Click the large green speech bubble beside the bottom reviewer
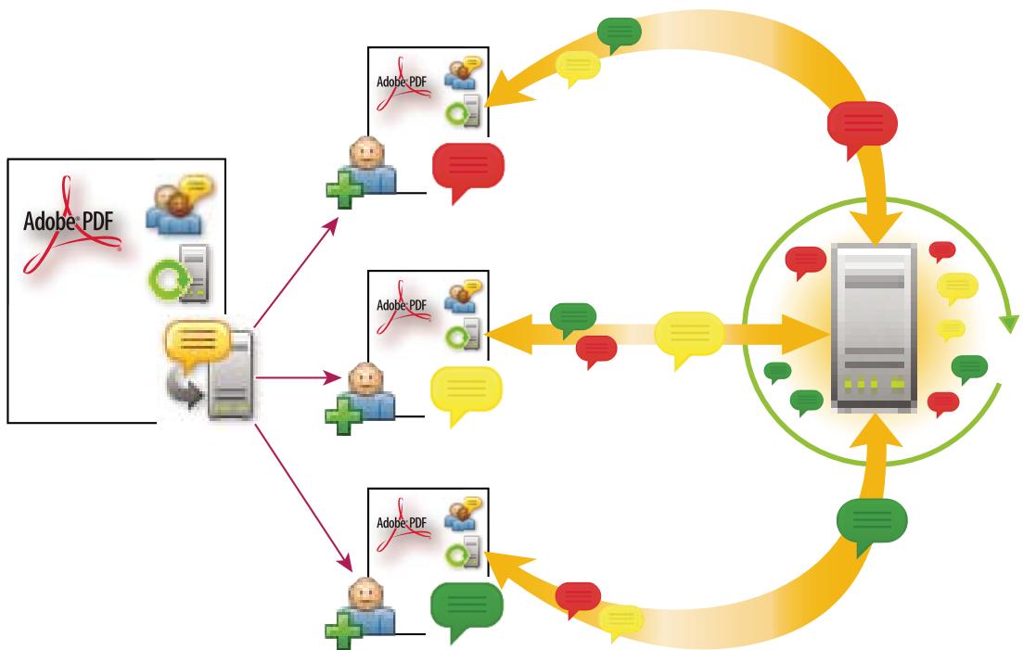click(x=467, y=607)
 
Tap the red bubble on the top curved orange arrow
click(x=863, y=124)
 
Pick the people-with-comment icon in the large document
click(x=173, y=204)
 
